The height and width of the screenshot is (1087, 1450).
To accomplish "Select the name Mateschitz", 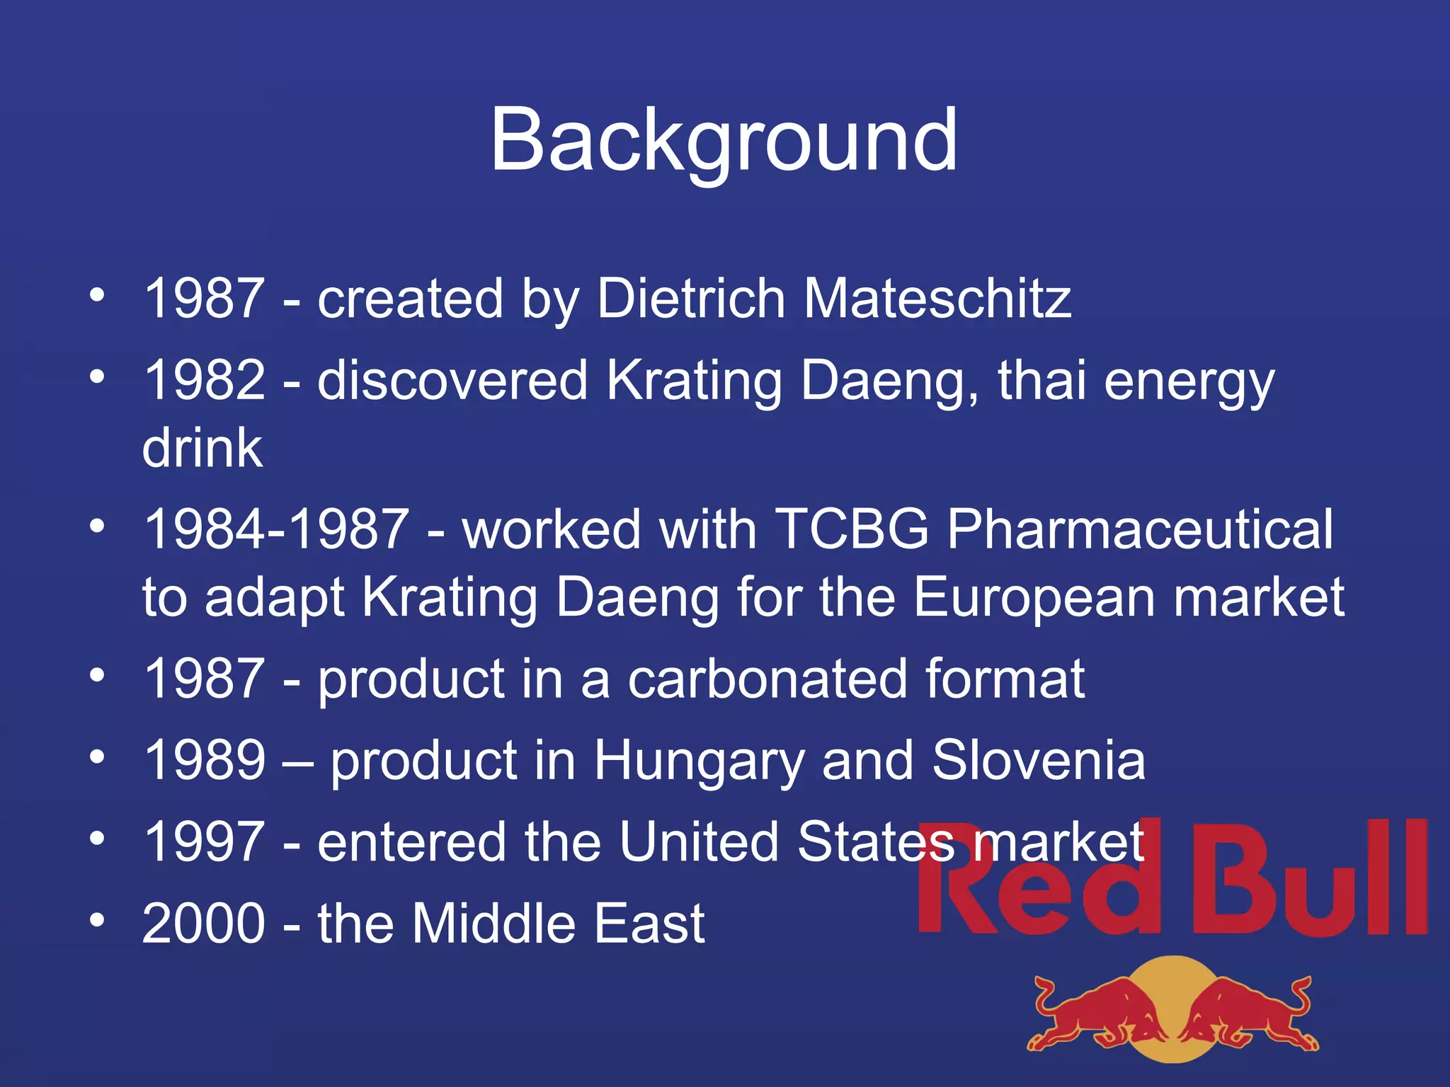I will coord(937,298).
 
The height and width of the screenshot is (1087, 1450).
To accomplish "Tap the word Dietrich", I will coord(691,298).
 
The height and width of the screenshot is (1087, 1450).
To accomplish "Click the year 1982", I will coord(205,380).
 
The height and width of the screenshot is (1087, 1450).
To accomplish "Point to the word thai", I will coord(1041,380).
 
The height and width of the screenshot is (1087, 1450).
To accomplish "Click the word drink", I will coord(202,448).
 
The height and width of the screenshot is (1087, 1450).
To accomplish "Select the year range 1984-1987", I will coord(276,529).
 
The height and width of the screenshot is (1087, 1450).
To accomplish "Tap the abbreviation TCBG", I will coord(852,529).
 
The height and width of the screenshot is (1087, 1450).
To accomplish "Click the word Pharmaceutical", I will coord(1140,529).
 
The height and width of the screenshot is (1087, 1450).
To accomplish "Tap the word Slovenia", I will coord(1039,761).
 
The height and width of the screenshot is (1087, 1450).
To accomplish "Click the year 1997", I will coord(205,842).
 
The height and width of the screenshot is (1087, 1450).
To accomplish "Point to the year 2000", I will coord(205,924).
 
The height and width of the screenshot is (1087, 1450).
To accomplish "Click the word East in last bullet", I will coord(649,924).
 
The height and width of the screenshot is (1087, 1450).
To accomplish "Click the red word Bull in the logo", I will coord(1310,881).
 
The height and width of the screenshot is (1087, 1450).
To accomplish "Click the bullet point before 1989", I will coord(98,757).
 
